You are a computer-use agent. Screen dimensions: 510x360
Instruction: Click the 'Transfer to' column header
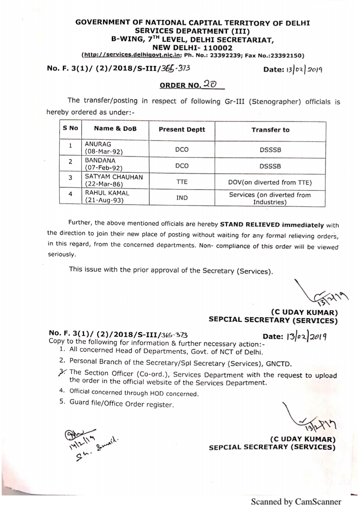(x=270, y=130)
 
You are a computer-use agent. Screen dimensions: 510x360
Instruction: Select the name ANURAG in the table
(x=98, y=144)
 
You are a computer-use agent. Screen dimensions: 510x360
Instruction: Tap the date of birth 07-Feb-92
(x=104, y=168)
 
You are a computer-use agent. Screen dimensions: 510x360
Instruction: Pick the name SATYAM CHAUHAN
(x=114, y=177)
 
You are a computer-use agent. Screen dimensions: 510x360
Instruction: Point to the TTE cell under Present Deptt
(x=182, y=182)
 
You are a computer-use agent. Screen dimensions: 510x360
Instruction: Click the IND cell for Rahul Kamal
(x=182, y=198)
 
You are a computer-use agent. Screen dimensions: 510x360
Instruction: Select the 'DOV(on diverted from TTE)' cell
(x=270, y=182)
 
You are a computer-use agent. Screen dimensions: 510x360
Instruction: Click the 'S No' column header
(x=70, y=128)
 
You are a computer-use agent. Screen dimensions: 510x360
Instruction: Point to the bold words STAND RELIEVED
(x=250, y=225)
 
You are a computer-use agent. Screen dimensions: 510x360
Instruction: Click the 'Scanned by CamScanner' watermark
(x=296, y=502)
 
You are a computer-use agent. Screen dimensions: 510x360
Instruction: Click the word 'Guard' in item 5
(x=79, y=402)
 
